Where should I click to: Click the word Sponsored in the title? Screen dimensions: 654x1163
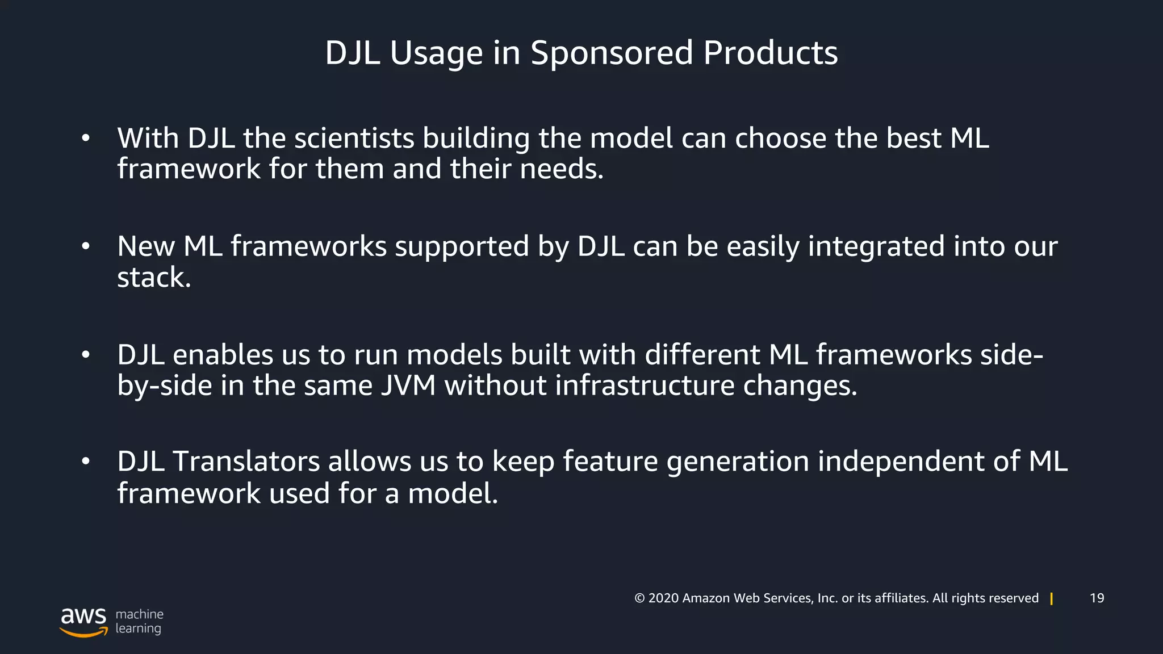(x=612, y=53)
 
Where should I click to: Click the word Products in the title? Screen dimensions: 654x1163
(x=770, y=53)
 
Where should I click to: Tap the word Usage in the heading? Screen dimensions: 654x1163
(x=436, y=53)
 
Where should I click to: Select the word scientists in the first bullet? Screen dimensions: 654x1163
(x=354, y=139)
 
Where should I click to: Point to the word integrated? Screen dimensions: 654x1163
(x=876, y=247)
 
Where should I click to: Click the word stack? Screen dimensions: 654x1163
(x=153, y=278)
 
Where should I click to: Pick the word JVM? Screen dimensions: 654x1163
(x=408, y=385)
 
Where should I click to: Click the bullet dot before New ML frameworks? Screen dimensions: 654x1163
(x=86, y=246)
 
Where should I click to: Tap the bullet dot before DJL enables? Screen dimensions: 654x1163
(x=86, y=355)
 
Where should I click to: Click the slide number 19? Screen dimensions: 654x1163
(x=1097, y=598)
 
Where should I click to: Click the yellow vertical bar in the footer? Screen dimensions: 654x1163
(x=1052, y=599)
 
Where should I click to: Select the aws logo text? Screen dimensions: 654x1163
(x=83, y=616)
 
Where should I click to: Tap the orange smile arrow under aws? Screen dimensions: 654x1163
(x=83, y=632)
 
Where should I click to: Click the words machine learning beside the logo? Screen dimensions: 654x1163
(x=139, y=621)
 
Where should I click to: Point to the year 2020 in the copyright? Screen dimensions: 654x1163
(x=663, y=598)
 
